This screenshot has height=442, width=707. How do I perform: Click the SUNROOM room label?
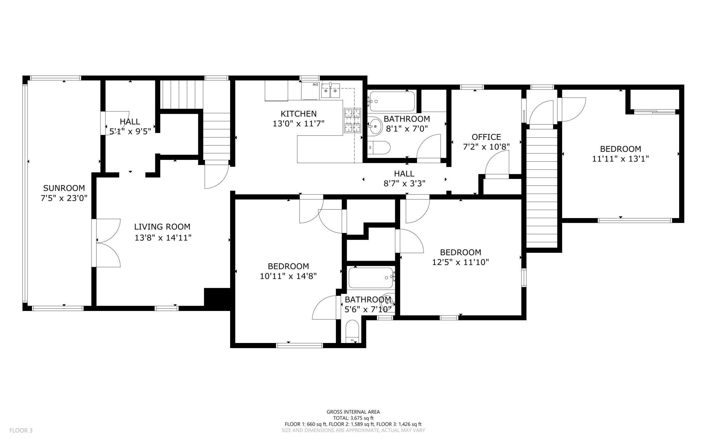pos(64,188)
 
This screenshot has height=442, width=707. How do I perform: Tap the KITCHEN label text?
pos(298,114)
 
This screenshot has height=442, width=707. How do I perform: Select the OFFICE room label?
pos(486,137)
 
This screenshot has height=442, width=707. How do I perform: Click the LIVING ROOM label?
pos(162,227)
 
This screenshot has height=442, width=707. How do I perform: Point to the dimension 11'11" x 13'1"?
pos(620,159)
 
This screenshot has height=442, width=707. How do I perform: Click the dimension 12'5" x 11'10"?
pos(460,262)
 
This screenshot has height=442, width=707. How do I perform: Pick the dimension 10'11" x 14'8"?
pos(288,276)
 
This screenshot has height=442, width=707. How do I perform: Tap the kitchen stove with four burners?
pos(352,120)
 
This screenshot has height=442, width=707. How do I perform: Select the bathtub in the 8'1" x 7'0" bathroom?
pos(392,101)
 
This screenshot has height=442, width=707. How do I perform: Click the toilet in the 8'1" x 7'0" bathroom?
pos(380,147)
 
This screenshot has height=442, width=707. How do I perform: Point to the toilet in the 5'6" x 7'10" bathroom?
pos(352,331)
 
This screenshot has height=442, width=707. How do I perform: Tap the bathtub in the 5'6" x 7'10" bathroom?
pos(370,278)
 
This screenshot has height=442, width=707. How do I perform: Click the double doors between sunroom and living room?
pos(107,243)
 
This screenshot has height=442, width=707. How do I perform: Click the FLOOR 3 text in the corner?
pos(21,430)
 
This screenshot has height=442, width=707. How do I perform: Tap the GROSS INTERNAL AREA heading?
pos(353,412)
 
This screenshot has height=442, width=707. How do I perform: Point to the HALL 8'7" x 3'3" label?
pos(404,179)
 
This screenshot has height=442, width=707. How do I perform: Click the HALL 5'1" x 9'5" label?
pos(130,126)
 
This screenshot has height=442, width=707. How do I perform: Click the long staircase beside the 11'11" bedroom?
pos(542,187)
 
